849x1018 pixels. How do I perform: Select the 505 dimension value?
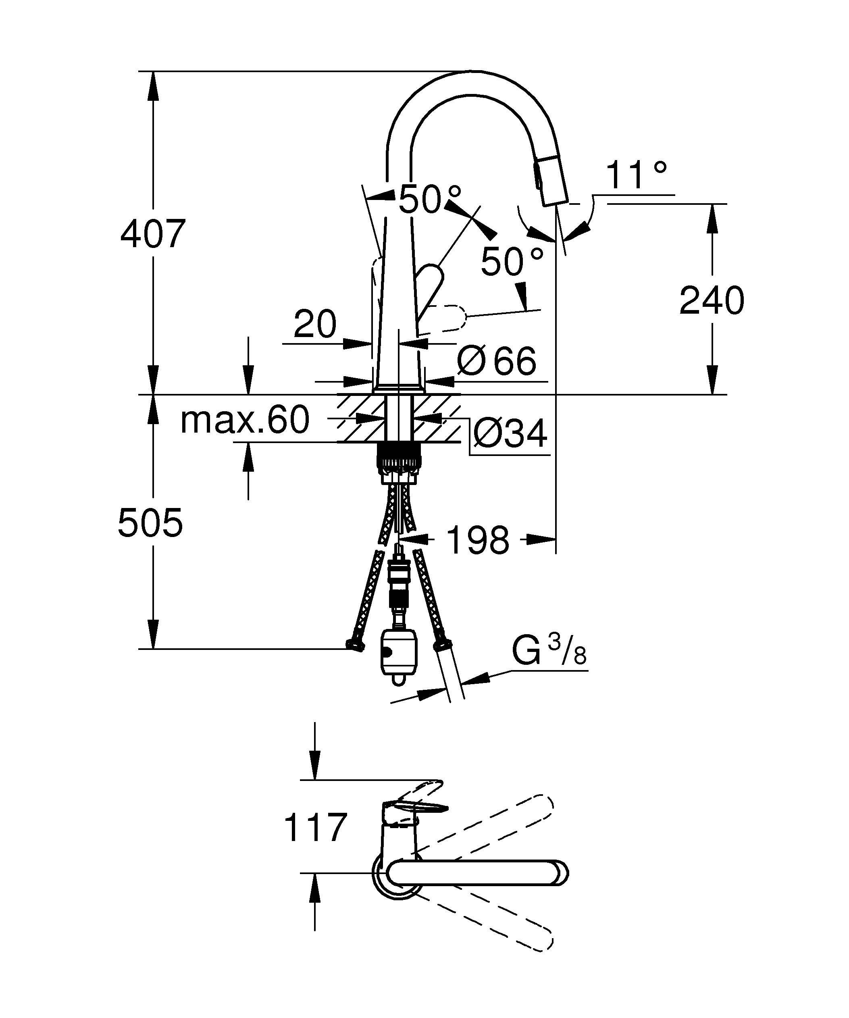(150, 523)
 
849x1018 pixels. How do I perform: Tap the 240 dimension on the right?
(712, 300)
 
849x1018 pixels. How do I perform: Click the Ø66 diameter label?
(497, 361)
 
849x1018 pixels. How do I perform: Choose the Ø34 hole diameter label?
(510, 433)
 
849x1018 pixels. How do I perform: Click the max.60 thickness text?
(245, 420)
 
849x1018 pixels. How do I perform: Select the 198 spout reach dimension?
(477, 539)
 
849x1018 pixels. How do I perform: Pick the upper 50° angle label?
(429, 199)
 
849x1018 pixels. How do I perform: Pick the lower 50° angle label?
(512, 261)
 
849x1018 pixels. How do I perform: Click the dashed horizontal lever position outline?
(443, 319)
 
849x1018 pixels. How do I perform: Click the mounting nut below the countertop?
(398, 458)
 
